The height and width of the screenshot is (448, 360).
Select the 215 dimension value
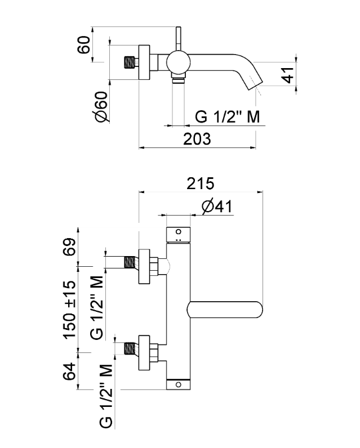tap(201, 183)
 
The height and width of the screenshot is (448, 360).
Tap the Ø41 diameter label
tap(216, 207)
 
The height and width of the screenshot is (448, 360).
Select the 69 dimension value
tap(69, 246)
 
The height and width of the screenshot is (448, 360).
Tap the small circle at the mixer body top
tap(178, 231)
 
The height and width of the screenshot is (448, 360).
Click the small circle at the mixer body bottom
tap(178, 385)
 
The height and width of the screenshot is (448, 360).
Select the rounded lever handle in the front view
tap(225, 309)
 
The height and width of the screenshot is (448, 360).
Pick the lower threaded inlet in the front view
tap(131, 347)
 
